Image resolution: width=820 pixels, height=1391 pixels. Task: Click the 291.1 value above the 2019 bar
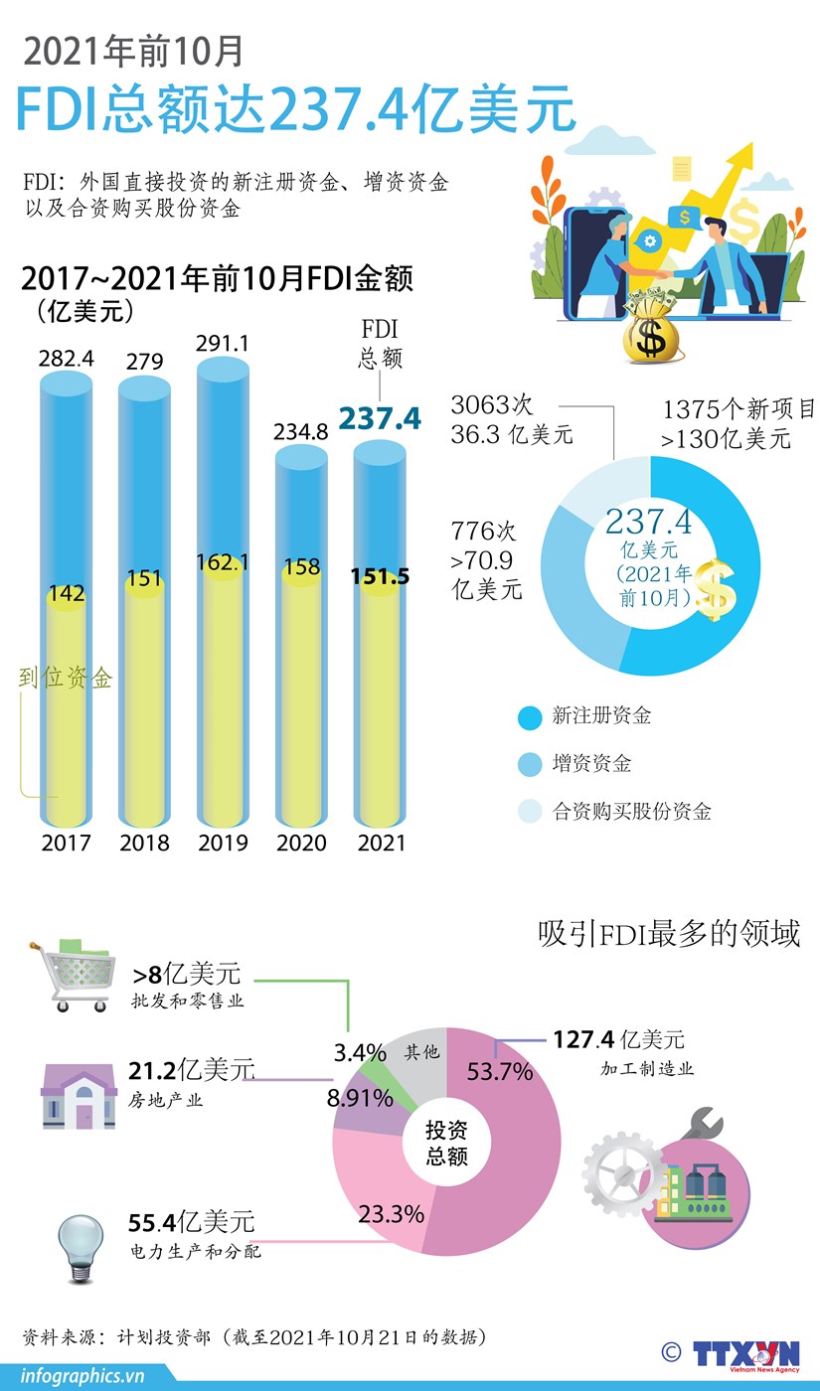tap(223, 344)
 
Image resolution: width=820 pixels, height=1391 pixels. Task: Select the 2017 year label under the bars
tap(66, 843)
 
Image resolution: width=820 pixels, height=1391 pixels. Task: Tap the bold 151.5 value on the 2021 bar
tap(380, 576)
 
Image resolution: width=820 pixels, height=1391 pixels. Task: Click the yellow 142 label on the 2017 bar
tap(66, 593)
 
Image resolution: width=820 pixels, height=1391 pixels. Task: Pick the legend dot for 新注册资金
tap(530, 716)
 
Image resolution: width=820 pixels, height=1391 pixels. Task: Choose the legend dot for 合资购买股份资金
tap(530, 812)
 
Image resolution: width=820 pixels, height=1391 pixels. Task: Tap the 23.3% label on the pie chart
tap(391, 1213)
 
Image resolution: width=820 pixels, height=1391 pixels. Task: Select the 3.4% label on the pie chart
tap(360, 1052)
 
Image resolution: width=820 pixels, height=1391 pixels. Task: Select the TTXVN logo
tap(745, 1354)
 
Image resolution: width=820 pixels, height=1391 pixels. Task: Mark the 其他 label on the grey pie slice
tap(421, 1052)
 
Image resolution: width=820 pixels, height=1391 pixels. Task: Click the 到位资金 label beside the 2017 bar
tap(66, 679)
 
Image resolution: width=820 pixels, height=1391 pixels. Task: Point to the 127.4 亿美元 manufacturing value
tap(618, 1040)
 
